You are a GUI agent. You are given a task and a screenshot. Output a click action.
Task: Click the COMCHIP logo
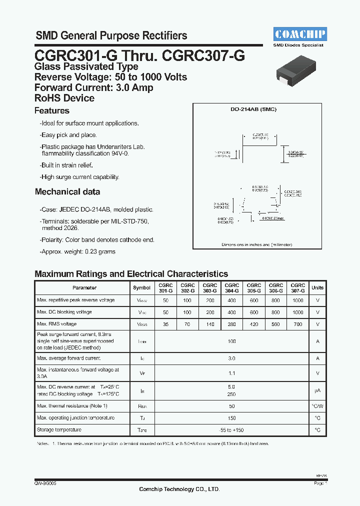tap(300, 34)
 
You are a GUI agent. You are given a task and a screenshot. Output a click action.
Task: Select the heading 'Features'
tap(52, 111)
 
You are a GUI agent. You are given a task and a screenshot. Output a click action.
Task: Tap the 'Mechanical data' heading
tap(67, 192)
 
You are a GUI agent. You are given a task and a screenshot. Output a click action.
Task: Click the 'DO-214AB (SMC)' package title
tap(257, 109)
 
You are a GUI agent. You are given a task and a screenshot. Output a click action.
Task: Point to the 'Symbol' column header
tap(142, 287)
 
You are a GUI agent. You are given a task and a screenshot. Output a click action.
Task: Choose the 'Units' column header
tap(317, 287)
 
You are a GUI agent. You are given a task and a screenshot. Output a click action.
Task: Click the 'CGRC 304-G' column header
tap(231, 287)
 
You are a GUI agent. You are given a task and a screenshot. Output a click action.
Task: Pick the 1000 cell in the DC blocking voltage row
tap(298, 312)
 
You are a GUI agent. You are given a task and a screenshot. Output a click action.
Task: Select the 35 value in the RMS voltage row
tap(165, 324)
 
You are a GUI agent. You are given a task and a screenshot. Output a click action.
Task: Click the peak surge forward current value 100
tap(231, 341)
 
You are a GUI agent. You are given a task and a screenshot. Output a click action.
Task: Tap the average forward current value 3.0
tap(231, 358)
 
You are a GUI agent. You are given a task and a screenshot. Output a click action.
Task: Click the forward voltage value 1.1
tap(231, 373)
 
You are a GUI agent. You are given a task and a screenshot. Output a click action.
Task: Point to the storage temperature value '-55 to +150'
tap(231, 430)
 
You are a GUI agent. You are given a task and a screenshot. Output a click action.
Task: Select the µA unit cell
tap(317, 390)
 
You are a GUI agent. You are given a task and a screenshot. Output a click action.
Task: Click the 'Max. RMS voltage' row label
tap(56, 324)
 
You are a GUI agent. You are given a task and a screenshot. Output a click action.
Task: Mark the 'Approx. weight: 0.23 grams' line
tap(77, 252)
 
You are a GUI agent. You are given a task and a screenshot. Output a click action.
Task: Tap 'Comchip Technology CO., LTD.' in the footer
tap(179, 489)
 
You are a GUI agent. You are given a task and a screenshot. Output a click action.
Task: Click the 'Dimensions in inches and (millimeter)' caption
tap(257, 245)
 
